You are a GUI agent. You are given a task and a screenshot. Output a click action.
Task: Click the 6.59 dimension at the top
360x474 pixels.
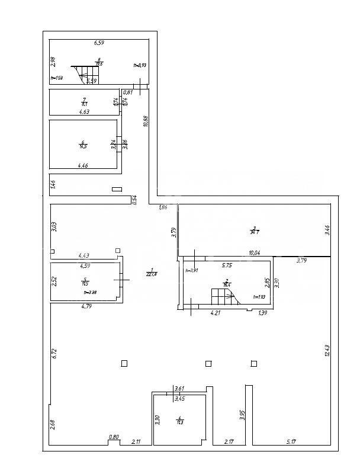(99, 43)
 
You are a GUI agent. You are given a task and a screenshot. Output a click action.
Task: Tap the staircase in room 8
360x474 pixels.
(86, 75)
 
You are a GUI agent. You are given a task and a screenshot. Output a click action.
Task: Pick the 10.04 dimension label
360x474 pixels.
(255, 253)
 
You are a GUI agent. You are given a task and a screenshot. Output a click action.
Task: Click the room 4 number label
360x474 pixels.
(179, 419)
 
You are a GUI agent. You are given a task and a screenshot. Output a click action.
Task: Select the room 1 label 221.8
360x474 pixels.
(152, 272)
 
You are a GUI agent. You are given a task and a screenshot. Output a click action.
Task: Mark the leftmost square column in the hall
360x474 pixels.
(124, 364)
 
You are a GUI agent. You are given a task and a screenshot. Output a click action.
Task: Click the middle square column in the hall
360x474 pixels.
(208, 364)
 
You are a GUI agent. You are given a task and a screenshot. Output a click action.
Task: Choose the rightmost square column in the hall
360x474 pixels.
(254, 364)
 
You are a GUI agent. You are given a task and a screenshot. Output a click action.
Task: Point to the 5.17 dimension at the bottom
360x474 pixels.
(292, 441)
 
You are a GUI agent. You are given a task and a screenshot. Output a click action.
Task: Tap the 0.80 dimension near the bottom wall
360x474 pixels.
(114, 437)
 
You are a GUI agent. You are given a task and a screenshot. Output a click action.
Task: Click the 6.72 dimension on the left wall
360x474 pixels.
(53, 354)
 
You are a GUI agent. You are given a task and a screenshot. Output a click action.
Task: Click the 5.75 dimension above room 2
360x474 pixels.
(227, 266)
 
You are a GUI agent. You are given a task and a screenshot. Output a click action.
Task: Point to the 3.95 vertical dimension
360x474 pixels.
(242, 415)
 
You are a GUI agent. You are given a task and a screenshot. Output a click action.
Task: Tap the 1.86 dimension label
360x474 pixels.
(163, 207)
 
